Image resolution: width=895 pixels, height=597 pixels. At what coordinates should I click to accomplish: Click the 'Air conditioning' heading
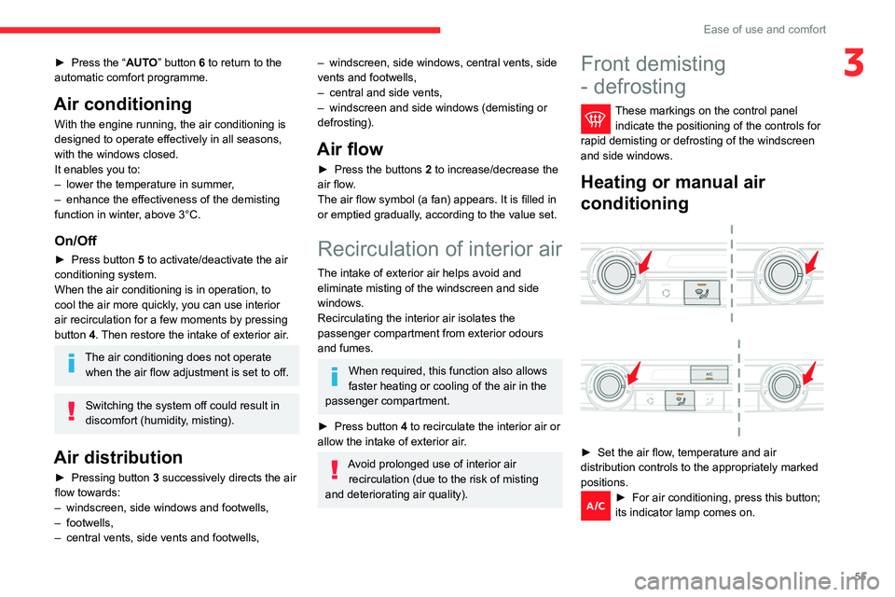[123, 104]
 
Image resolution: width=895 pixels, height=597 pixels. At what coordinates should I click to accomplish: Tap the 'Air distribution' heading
[117, 457]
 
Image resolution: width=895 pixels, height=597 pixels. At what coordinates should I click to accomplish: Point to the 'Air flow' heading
[351, 149]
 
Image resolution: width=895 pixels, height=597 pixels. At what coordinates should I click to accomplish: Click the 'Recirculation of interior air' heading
[440, 249]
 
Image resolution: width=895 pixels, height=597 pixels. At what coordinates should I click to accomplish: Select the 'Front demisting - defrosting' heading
[653, 76]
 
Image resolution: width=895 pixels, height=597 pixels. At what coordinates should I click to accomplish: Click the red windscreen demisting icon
[596, 116]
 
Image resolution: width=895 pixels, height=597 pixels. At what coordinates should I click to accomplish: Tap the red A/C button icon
[595, 505]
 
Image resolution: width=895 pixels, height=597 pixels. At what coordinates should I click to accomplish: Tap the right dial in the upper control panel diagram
[791, 273]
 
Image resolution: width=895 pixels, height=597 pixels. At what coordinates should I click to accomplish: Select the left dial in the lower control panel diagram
[609, 385]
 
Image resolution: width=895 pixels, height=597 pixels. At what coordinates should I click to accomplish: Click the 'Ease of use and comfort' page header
[764, 29]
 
